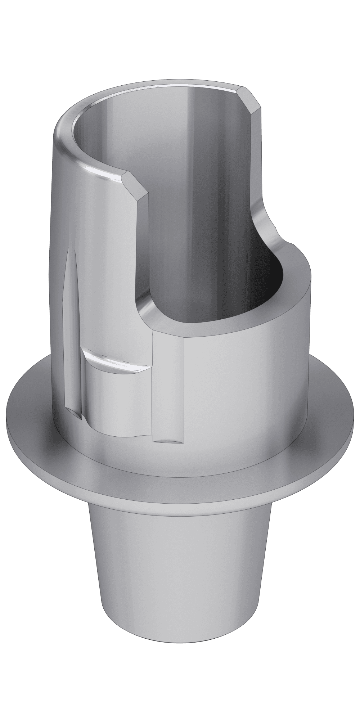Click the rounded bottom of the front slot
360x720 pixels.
[168, 440]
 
